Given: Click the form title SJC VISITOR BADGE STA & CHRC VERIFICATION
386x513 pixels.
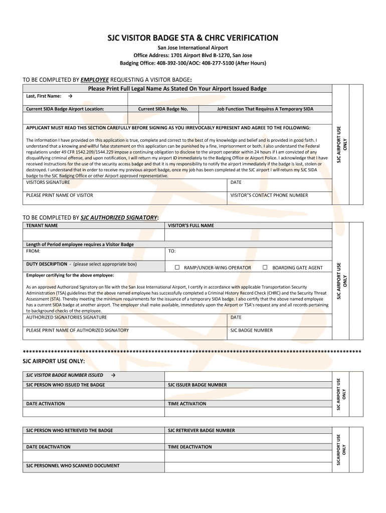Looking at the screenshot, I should pyautogui.click(x=194, y=38).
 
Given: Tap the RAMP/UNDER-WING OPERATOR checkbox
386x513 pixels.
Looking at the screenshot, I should pyautogui.click(x=177, y=268).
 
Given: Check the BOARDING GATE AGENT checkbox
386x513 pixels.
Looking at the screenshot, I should pyautogui.click(x=265, y=268).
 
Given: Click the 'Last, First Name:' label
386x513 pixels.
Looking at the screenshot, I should pyautogui.click(x=44, y=96).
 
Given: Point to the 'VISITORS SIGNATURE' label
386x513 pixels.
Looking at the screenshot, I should pyautogui.click(x=48, y=182).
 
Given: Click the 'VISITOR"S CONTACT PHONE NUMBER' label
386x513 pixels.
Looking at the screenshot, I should pyautogui.click(x=269, y=195).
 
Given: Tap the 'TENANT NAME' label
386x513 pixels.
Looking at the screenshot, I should pyautogui.click(x=42, y=225).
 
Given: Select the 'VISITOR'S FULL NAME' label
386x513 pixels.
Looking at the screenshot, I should pyautogui.click(x=191, y=225).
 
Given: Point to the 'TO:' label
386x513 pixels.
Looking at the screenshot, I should pyautogui.click(x=172, y=251).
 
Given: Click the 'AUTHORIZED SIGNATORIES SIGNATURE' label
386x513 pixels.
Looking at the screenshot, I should pyautogui.click(x=66, y=317).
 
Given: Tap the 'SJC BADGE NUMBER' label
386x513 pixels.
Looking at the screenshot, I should pyautogui.click(x=251, y=330).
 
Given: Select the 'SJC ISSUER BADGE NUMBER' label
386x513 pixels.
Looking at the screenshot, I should pyautogui.click(x=197, y=385).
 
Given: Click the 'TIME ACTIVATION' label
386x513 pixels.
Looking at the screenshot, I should pyautogui.click(x=187, y=404).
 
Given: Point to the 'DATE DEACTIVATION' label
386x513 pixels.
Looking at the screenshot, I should pyautogui.click(x=48, y=447).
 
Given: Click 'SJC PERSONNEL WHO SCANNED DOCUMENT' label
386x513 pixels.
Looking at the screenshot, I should pyautogui.click(x=73, y=466).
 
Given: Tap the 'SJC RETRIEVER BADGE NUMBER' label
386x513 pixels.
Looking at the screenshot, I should pyautogui.click(x=201, y=430).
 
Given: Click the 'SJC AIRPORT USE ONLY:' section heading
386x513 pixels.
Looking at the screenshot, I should pyautogui.click(x=54, y=361).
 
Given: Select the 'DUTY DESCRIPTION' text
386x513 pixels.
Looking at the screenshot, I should pyautogui.click(x=46, y=264).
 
